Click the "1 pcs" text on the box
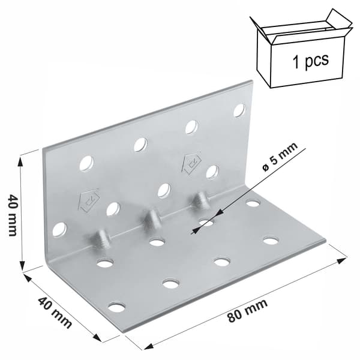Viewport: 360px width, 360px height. pyautogui.click(x=311, y=61)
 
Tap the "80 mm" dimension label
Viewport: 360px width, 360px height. pyautogui.click(x=248, y=310)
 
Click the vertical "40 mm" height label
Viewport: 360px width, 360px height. pyautogui.click(x=13, y=215)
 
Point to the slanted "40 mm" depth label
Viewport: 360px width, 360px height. pyautogui.click(x=55, y=312)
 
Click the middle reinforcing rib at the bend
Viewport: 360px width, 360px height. pyautogui.click(x=151, y=218)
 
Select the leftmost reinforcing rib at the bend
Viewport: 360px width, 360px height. pyautogui.click(x=103, y=239)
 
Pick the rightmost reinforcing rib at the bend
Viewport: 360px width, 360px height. pyautogui.click(x=202, y=200)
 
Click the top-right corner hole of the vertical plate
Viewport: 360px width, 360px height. pyautogui.click(x=239, y=110)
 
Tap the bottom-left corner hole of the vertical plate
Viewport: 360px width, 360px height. pyautogui.click(x=59, y=229)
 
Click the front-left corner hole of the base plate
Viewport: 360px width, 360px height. pyautogui.click(x=116, y=307)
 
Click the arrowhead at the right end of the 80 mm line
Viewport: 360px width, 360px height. pyautogui.click(x=342, y=260)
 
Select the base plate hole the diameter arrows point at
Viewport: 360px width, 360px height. pyautogui.click(x=206, y=222)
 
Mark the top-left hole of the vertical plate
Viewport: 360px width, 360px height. pyautogui.click(x=86, y=163)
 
